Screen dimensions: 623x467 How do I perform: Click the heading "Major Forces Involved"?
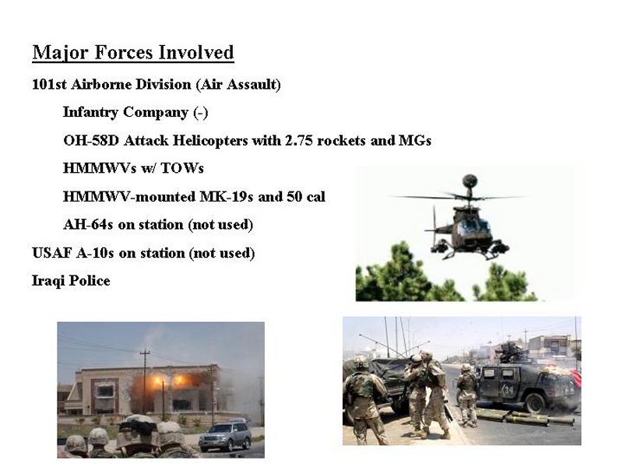(133, 53)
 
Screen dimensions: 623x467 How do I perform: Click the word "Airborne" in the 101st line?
(103, 85)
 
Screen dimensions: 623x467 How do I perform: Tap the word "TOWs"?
(182, 168)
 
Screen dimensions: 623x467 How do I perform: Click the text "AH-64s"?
(88, 225)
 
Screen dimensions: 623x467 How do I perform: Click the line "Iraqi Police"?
(71, 281)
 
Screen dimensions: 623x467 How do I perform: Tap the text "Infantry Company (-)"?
(136, 112)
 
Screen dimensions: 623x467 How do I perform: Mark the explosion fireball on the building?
(169, 384)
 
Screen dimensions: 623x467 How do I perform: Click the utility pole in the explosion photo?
(146, 382)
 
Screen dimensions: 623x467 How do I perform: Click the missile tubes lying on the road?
(525, 418)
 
